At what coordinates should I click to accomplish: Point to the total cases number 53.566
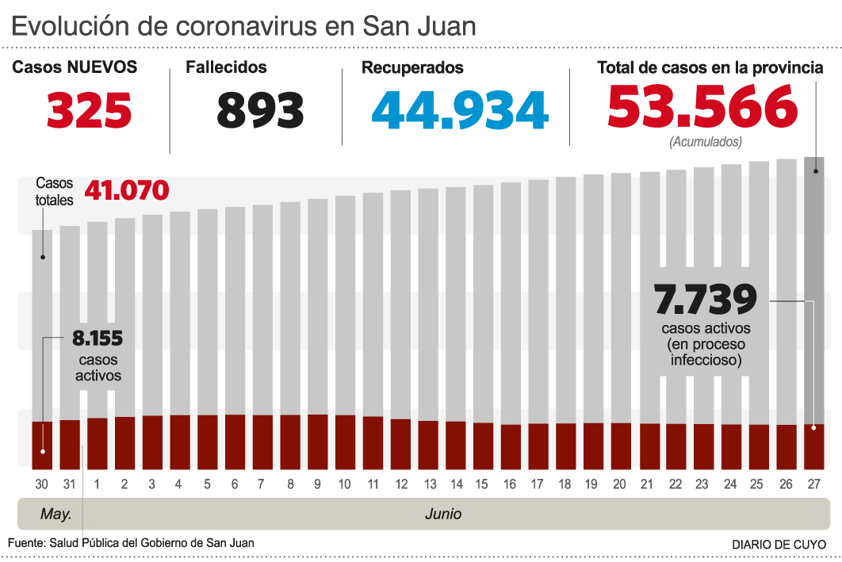[702, 107]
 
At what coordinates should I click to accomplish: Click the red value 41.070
[127, 191]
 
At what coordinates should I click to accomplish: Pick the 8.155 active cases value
[98, 339]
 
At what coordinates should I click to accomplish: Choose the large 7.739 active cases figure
[706, 300]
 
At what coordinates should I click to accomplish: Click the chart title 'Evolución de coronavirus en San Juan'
[244, 26]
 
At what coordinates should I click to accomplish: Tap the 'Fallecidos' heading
[226, 68]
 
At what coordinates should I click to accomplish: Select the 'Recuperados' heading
[412, 68]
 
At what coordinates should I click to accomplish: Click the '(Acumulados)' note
[706, 143]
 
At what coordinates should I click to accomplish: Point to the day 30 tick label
[42, 484]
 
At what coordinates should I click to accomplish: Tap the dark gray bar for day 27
[814, 285]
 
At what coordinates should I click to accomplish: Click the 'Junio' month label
[443, 514]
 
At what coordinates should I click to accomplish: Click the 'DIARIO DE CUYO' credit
[779, 545]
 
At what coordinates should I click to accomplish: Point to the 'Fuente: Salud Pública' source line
[131, 542]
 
